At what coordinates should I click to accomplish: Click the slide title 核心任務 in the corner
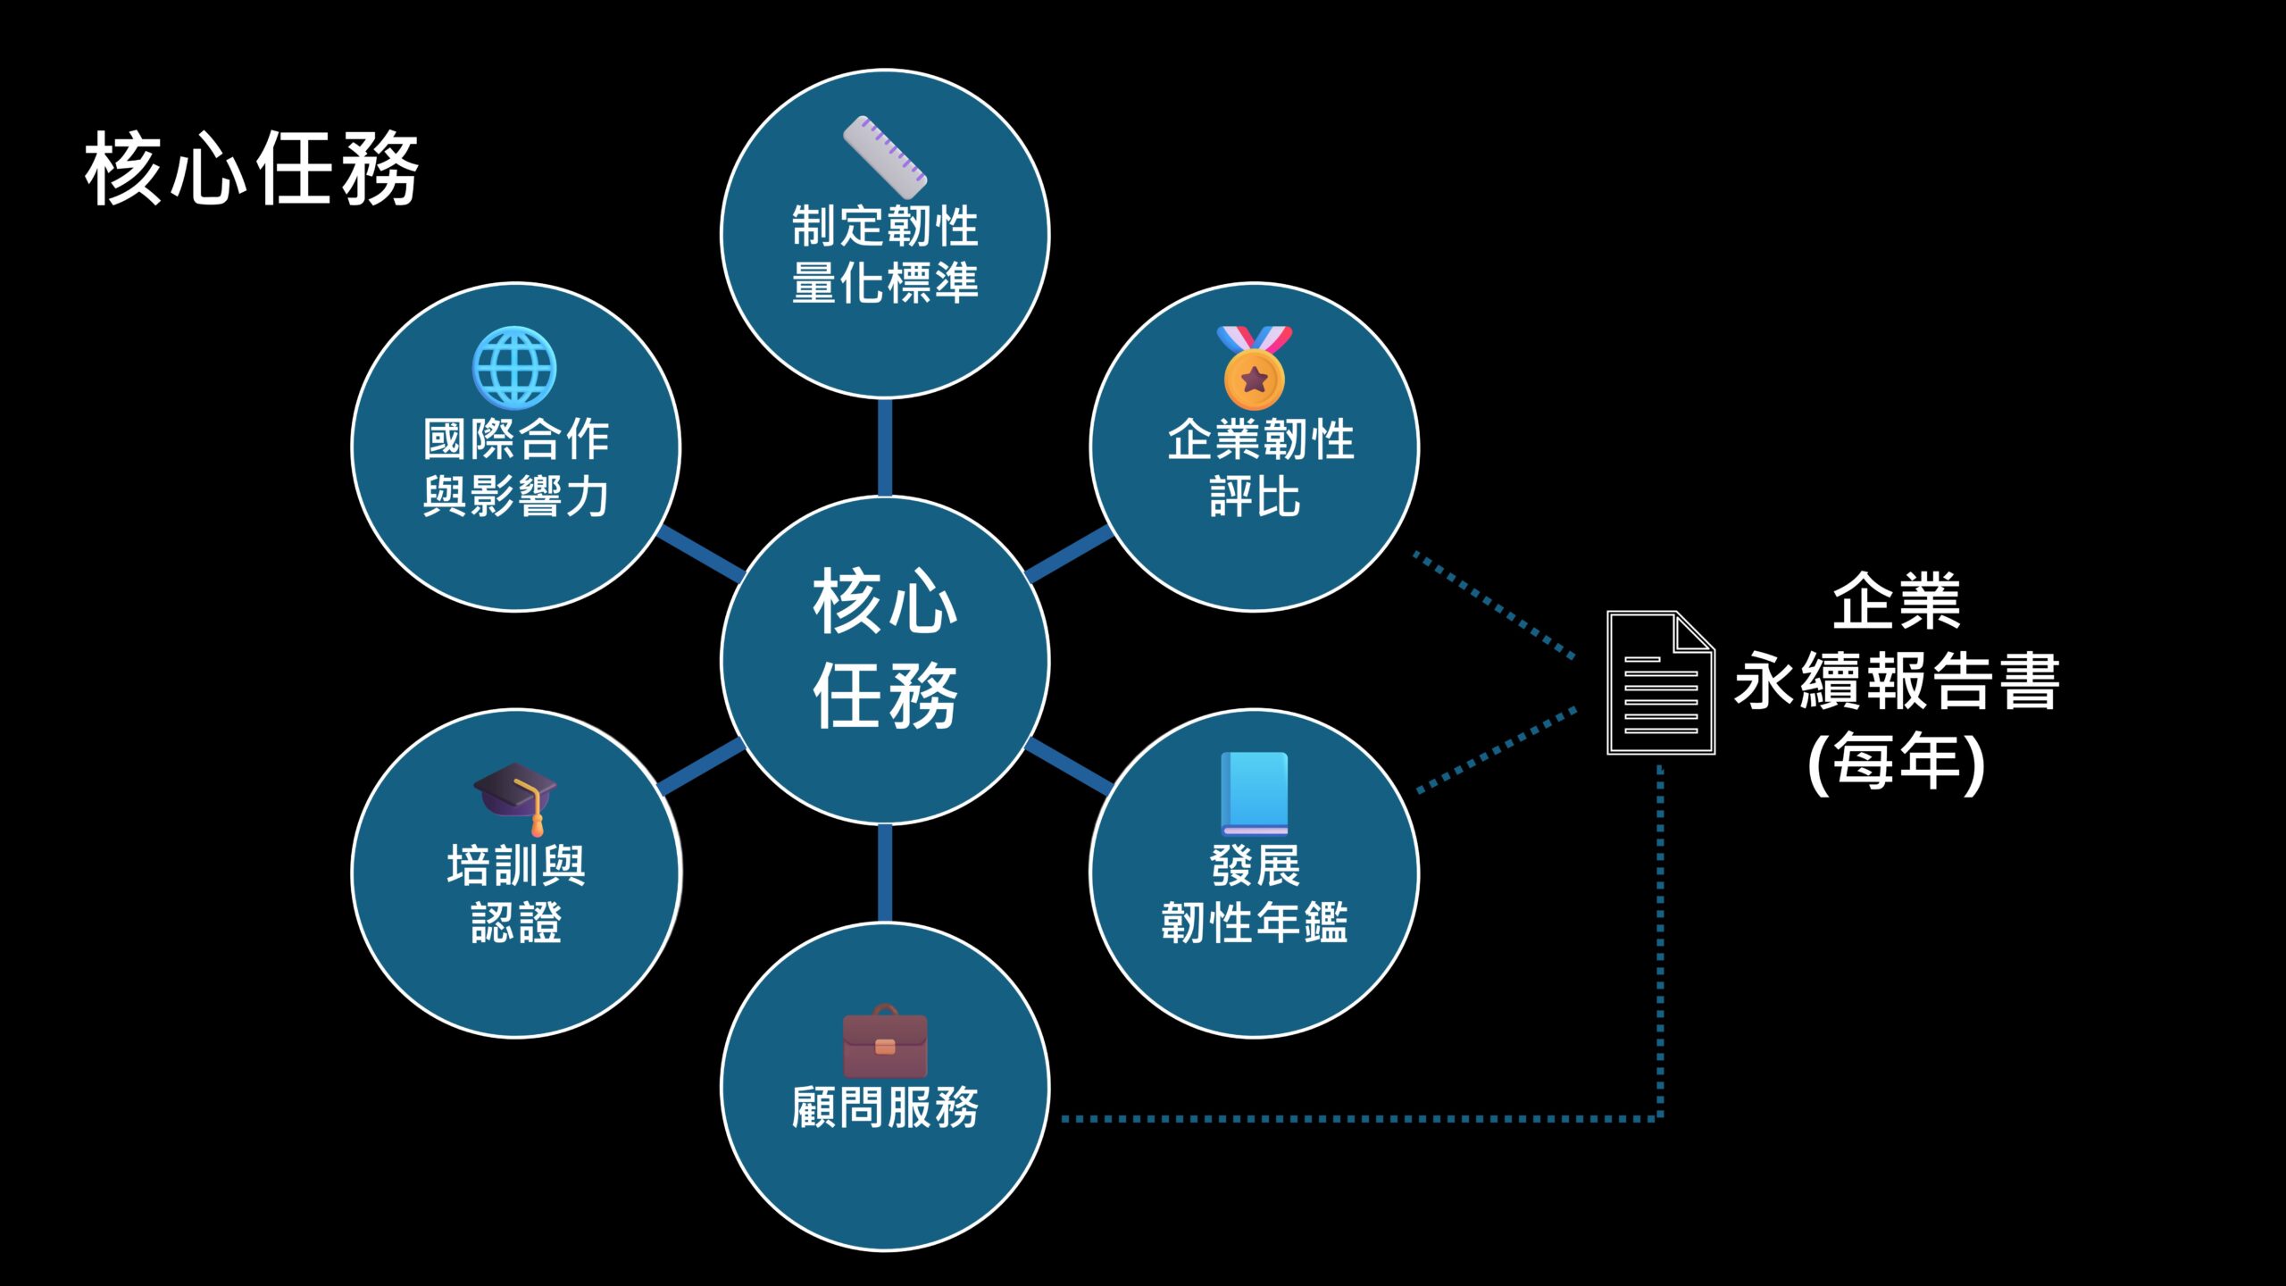252,169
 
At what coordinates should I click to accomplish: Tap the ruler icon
885,157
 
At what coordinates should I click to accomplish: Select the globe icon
514,368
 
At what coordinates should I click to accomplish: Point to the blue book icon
1255,793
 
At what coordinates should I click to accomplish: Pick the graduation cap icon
515,797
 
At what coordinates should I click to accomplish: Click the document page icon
1660,683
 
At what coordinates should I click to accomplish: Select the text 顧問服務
885,1108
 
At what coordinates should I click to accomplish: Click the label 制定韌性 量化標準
885,255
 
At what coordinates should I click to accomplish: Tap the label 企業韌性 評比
1259,467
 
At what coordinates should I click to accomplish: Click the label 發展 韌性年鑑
1255,894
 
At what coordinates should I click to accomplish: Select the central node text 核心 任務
885,649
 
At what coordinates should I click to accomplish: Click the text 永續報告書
1897,681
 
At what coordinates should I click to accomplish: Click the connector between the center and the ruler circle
885,447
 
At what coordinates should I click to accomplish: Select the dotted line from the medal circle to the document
1494,605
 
